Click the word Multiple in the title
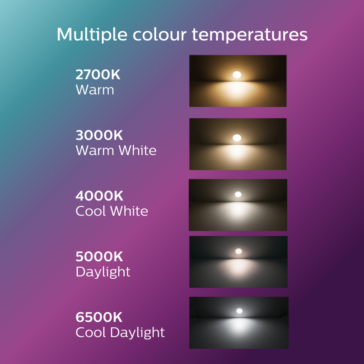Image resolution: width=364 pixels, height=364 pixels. coord(92,35)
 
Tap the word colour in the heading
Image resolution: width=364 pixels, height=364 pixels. coord(160,35)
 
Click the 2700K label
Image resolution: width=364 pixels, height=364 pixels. coord(98,75)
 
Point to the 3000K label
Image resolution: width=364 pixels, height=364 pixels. coord(99,135)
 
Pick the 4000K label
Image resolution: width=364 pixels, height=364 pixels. coord(100,196)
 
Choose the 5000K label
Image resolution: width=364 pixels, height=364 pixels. coord(99,256)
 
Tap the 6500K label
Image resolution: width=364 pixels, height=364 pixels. coord(99,317)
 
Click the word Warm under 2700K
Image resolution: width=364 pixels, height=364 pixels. coord(95,90)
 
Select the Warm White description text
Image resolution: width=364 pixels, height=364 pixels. coord(116,150)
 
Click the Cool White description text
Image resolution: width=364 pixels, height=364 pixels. coord(112,211)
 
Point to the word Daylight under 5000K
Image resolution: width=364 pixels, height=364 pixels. coord(103,272)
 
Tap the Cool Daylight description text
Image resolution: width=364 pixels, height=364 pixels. coord(120,332)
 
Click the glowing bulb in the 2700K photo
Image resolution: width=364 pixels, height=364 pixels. coord(237,75)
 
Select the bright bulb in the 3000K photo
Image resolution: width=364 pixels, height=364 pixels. coord(237,138)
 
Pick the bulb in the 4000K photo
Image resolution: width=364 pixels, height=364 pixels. coord(238,194)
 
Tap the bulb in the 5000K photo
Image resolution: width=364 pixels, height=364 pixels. coord(239,251)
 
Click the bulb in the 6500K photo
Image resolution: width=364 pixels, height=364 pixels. coord(239,311)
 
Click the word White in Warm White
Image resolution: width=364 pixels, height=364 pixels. coord(138,150)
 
